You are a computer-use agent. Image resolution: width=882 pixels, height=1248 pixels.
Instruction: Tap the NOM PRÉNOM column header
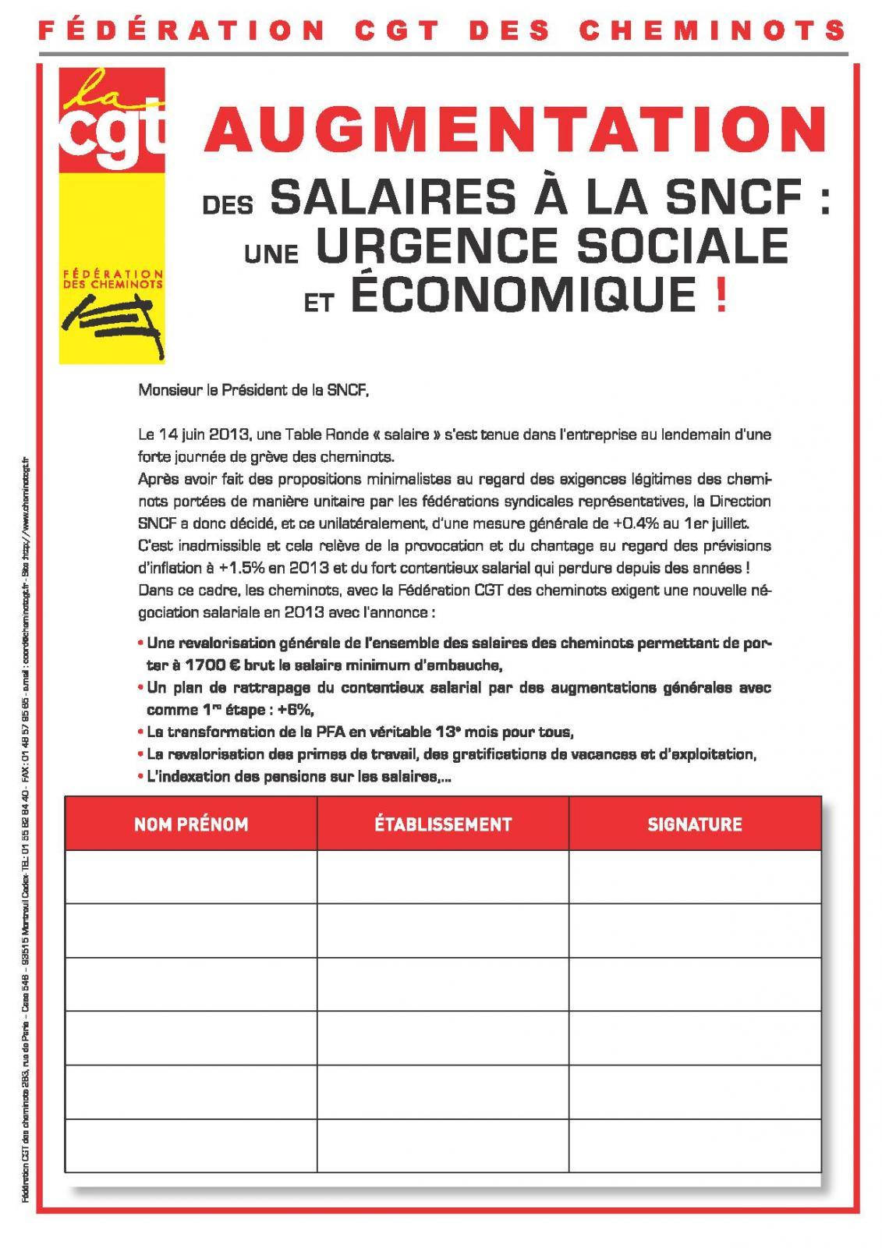pyautogui.click(x=191, y=824)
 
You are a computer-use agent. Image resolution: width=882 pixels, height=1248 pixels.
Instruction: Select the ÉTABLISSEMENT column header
pyautogui.click(x=443, y=824)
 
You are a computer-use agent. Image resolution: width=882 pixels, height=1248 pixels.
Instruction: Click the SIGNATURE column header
pyautogui.click(x=695, y=824)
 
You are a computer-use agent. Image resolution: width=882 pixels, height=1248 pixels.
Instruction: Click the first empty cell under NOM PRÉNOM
pyautogui.click(x=191, y=876)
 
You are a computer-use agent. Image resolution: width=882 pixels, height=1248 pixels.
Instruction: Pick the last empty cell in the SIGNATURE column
pyautogui.click(x=695, y=1145)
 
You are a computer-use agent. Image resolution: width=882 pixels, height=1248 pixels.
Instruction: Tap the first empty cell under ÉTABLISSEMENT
pyautogui.click(x=443, y=876)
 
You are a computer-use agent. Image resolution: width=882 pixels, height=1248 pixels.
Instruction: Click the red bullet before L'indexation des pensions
pyautogui.click(x=140, y=777)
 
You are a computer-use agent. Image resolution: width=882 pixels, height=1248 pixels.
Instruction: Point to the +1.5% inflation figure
pyautogui.click(x=225, y=567)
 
